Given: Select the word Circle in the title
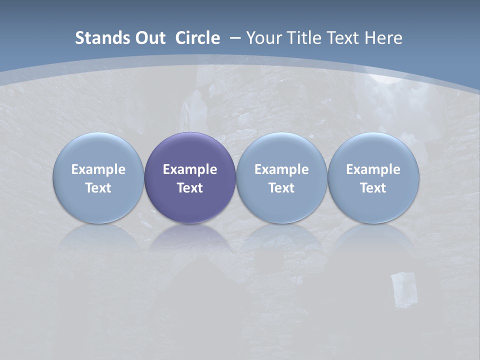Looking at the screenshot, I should [x=197, y=38].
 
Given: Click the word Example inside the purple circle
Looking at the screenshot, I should [x=190, y=169].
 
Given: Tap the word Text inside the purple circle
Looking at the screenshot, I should [x=190, y=188].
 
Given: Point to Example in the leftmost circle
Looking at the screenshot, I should [x=98, y=169].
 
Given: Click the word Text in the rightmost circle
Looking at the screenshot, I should [x=373, y=188].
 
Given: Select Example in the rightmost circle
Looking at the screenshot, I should [x=373, y=169].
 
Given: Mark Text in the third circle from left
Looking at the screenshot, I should [x=281, y=188].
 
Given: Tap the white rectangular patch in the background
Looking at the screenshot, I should [x=403, y=288].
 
